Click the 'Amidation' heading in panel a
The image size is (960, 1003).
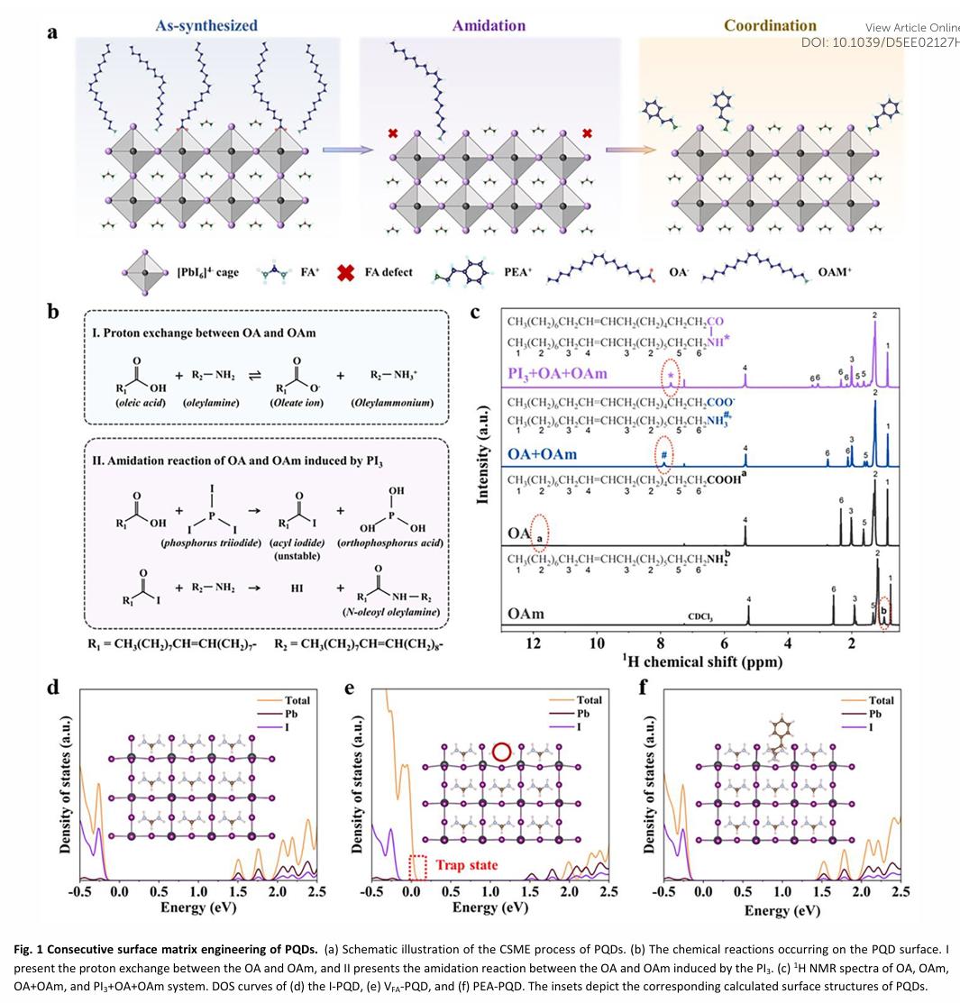(489, 25)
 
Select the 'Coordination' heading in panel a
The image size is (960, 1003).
(770, 25)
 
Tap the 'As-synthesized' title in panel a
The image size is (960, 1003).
(206, 25)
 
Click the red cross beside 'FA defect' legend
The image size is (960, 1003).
(344, 271)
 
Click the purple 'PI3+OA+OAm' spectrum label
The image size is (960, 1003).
(556, 373)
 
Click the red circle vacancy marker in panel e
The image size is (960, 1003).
(501, 752)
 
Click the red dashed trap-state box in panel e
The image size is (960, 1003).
(417, 867)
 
